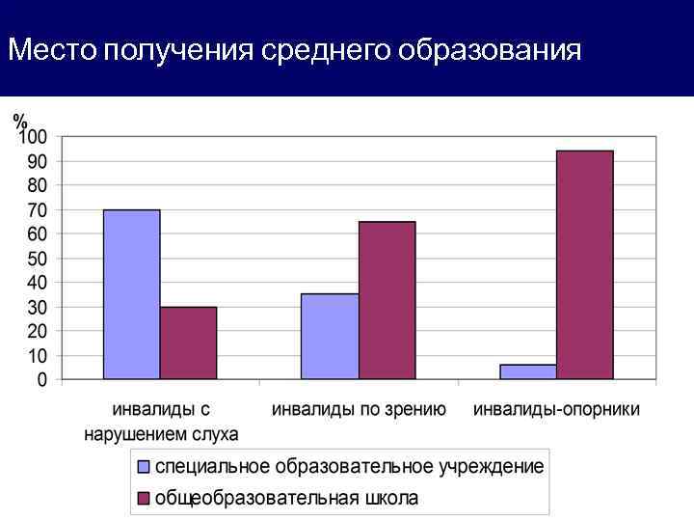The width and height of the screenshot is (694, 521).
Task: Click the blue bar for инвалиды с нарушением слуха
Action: tap(131, 294)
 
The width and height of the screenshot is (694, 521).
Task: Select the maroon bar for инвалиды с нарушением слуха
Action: tap(188, 343)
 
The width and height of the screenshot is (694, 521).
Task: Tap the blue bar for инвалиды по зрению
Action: tap(330, 337)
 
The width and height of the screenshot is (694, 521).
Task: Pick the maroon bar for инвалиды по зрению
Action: tap(387, 300)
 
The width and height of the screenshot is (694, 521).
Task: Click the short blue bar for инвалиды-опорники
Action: tap(527, 371)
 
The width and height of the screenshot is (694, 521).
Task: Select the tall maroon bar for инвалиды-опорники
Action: tap(584, 265)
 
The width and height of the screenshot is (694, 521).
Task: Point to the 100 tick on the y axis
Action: tap(34, 136)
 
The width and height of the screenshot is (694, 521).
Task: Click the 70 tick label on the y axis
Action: tap(38, 209)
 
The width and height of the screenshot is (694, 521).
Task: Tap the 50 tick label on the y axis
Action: tap(38, 259)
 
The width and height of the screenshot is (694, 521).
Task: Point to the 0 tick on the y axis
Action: tap(42, 380)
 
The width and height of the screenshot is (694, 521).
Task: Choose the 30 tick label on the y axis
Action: tap(38, 307)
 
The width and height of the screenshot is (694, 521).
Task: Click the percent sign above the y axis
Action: tap(20, 122)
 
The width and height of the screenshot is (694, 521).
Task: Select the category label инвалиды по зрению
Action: tap(359, 409)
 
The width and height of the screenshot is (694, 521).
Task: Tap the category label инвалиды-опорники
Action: tap(556, 409)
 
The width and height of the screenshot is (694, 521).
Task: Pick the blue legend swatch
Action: tap(144, 467)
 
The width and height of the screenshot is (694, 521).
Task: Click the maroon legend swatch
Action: tap(144, 498)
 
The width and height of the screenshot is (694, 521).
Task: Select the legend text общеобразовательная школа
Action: tap(287, 498)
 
